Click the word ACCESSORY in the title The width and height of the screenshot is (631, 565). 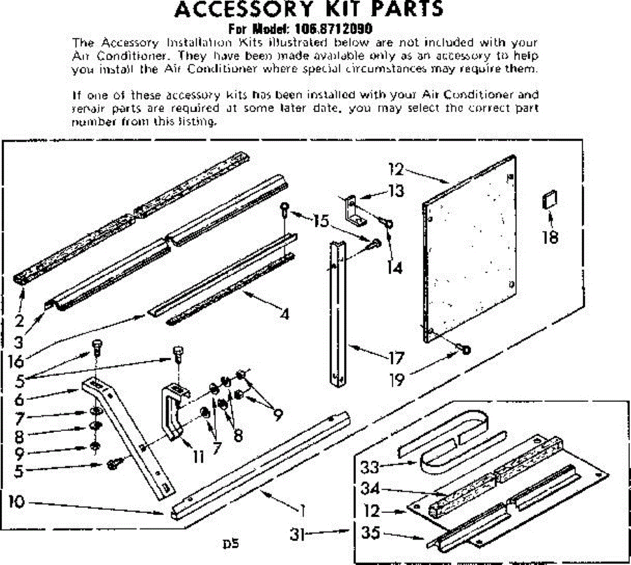coord(243,9)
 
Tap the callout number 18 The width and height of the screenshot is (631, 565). coord(550,237)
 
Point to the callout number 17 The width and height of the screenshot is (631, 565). coord(395,359)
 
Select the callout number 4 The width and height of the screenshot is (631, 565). coord(284,315)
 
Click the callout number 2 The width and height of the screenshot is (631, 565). coord(19,320)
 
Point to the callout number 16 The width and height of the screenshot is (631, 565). coord(16,362)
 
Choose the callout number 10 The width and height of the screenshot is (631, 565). coord(17,502)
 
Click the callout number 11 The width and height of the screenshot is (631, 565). coord(198,456)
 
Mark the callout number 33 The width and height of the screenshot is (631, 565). coord(370,467)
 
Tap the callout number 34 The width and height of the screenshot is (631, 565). coord(370,489)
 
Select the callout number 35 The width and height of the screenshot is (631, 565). coord(370,532)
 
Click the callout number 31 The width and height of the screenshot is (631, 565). coord(298,534)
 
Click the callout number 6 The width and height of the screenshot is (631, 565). coord(19,399)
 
